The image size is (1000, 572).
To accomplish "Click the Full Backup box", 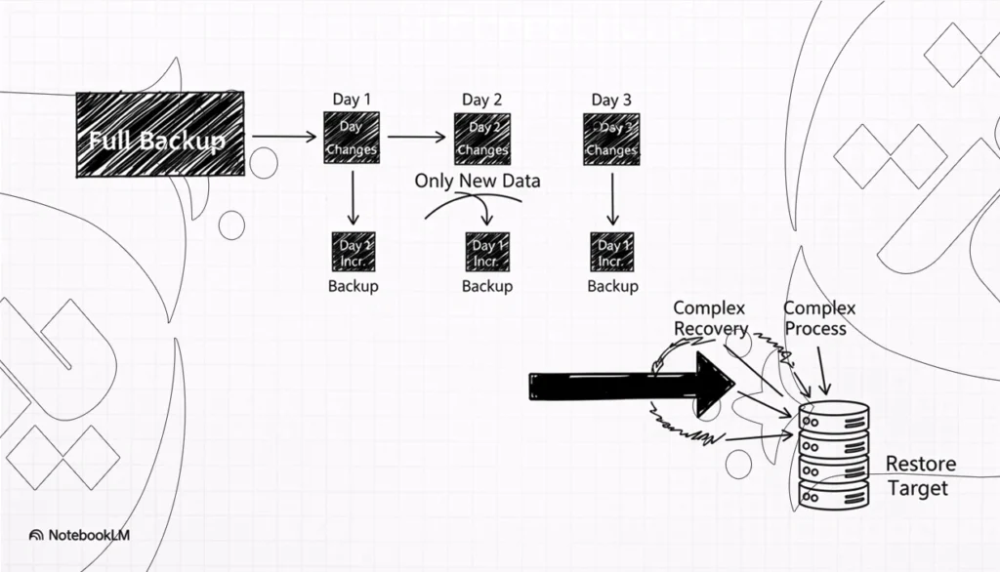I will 160,134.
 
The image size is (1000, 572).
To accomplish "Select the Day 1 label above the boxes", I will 352,100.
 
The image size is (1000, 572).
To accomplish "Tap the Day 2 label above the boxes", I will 482,100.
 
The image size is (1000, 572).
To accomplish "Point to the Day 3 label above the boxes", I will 611,100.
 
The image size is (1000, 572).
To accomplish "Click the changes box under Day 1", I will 352,138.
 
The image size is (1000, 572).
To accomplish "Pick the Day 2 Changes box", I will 482,138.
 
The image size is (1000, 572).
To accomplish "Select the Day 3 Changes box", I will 611,138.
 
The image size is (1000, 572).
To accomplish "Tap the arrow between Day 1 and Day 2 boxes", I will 416,138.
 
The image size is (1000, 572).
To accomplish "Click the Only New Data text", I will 477,182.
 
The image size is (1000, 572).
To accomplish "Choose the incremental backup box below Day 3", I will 611,253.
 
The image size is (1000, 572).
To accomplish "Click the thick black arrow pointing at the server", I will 630,386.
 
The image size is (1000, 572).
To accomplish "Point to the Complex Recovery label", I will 711,319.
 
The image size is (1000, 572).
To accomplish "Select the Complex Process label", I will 819,318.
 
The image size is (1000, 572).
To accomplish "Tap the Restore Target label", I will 919,476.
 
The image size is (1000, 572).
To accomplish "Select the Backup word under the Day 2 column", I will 486,286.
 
